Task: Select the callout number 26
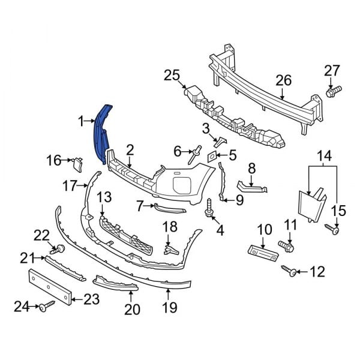pyautogui.click(x=282, y=80)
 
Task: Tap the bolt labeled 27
pyautogui.click(x=332, y=92)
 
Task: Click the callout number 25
pyautogui.click(x=172, y=76)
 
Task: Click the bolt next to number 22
pyautogui.click(x=59, y=248)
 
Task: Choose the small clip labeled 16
pyautogui.click(x=77, y=160)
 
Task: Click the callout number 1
pyautogui.click(x=82, y=122)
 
